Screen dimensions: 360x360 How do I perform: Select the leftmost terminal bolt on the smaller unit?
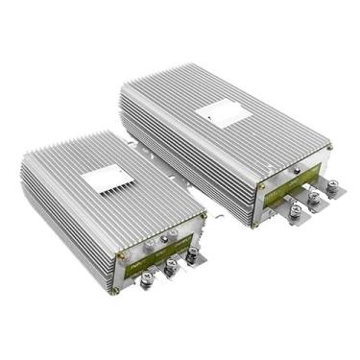(x=148, y=279)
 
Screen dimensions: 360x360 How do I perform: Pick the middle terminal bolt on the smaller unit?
(x=170, y=268)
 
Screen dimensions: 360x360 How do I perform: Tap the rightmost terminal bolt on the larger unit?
(x=332, y=188)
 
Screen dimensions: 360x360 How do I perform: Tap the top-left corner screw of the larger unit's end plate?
(x=262, y=185)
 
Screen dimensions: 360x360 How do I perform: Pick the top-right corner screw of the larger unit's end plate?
(x=329, y=147)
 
